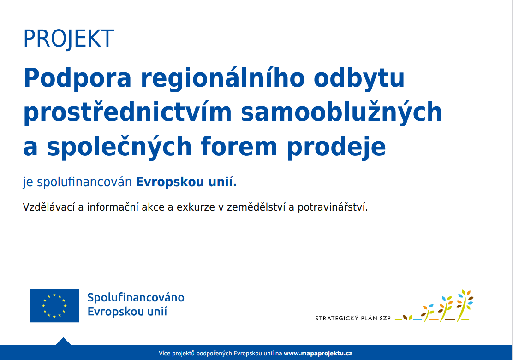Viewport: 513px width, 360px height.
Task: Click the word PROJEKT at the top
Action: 68,39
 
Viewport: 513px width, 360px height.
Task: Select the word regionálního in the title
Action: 223,78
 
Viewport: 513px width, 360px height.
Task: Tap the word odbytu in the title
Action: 359,78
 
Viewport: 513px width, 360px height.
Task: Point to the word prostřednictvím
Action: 128,112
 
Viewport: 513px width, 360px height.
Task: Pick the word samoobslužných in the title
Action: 341,112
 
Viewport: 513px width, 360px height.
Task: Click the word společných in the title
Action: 119,147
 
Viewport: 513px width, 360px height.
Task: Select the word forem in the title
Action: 239,147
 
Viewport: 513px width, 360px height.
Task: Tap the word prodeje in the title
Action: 336,147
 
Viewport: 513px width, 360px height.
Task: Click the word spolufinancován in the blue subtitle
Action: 84,182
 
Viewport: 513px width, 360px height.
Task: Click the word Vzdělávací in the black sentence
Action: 49,207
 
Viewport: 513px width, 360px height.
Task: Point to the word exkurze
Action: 196,207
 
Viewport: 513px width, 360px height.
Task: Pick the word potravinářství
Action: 333,207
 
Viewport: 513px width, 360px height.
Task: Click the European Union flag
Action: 54,306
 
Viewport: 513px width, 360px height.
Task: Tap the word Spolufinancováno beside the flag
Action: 136,298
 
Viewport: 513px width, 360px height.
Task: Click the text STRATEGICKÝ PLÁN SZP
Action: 353,318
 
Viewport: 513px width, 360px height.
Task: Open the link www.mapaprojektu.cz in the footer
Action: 318,353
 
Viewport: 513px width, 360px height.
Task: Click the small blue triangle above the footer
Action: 63,342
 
